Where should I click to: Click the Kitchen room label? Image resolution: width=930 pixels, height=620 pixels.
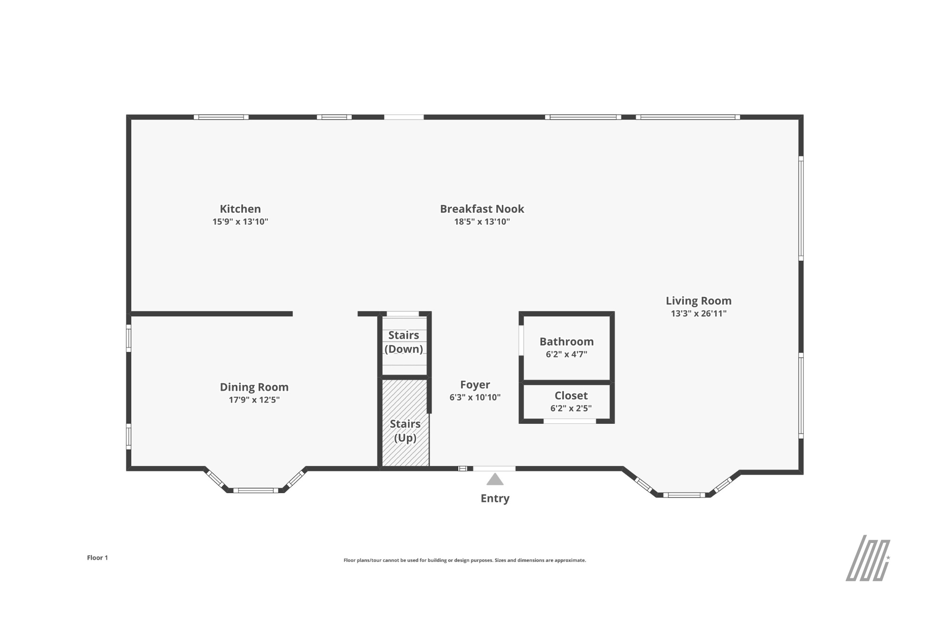coord(240,209)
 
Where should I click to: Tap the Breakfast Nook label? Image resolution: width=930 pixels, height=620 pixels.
coord(482,209)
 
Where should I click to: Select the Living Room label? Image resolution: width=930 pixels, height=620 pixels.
coord(698,301)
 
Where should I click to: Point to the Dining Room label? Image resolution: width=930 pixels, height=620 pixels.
coord(254,387)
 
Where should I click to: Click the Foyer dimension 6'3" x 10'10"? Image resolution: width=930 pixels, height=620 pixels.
coord(475,397)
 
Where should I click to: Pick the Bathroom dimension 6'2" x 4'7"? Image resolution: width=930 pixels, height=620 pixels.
coord(567,354)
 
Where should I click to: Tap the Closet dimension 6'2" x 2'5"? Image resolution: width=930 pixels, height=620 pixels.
coord(571,408)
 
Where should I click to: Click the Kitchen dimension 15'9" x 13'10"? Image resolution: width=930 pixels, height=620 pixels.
coord(240,222)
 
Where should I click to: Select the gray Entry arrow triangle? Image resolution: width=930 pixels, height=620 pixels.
coord(495,480)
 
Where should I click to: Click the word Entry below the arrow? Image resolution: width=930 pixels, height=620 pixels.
coord(495,498)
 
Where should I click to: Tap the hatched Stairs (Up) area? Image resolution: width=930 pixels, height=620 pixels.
coord(405,423)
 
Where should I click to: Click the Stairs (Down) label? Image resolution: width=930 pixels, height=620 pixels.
coord(404,342)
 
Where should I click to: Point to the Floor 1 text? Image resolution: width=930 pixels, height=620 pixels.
coord(97,558)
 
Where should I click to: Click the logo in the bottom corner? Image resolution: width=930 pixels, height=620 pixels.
coord(868,558)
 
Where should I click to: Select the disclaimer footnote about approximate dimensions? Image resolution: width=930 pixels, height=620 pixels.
coord(465,560)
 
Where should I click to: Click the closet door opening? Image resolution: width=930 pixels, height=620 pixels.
coord(570,421)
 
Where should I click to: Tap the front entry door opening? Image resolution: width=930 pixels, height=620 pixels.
coord(494,468)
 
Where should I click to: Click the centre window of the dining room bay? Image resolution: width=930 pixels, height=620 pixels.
coord(256,491)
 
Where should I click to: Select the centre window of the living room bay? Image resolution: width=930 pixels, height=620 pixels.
coord(684,495)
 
